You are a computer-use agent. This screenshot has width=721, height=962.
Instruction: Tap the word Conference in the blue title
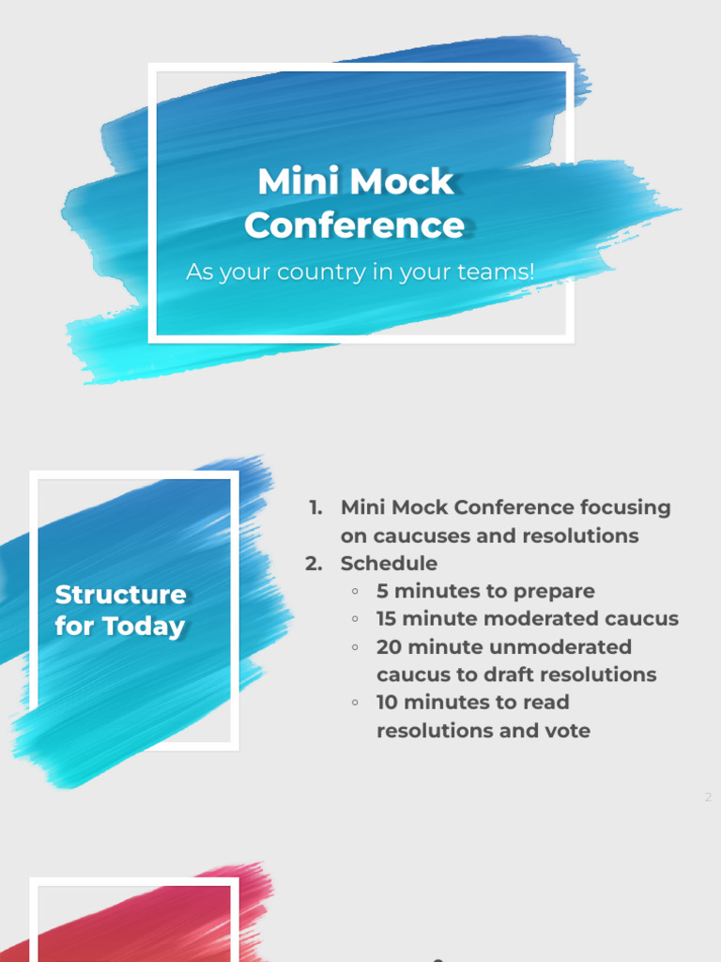pos(355,225)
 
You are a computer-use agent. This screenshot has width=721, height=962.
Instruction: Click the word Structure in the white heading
pos(120,595)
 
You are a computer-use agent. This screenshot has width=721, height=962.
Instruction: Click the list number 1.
pos(314,508)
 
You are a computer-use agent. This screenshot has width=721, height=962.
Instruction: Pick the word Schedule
pos(389,564)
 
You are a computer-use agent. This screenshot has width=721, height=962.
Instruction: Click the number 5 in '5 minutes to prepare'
pos(382,591)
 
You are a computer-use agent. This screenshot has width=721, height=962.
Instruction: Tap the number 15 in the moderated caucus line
pos(386,619)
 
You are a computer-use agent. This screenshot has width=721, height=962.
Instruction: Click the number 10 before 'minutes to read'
pos(387,703)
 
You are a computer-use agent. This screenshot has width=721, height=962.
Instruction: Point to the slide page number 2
pos(709,798)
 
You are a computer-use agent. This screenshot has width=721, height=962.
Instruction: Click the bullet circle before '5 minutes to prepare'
pos(355,592)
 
